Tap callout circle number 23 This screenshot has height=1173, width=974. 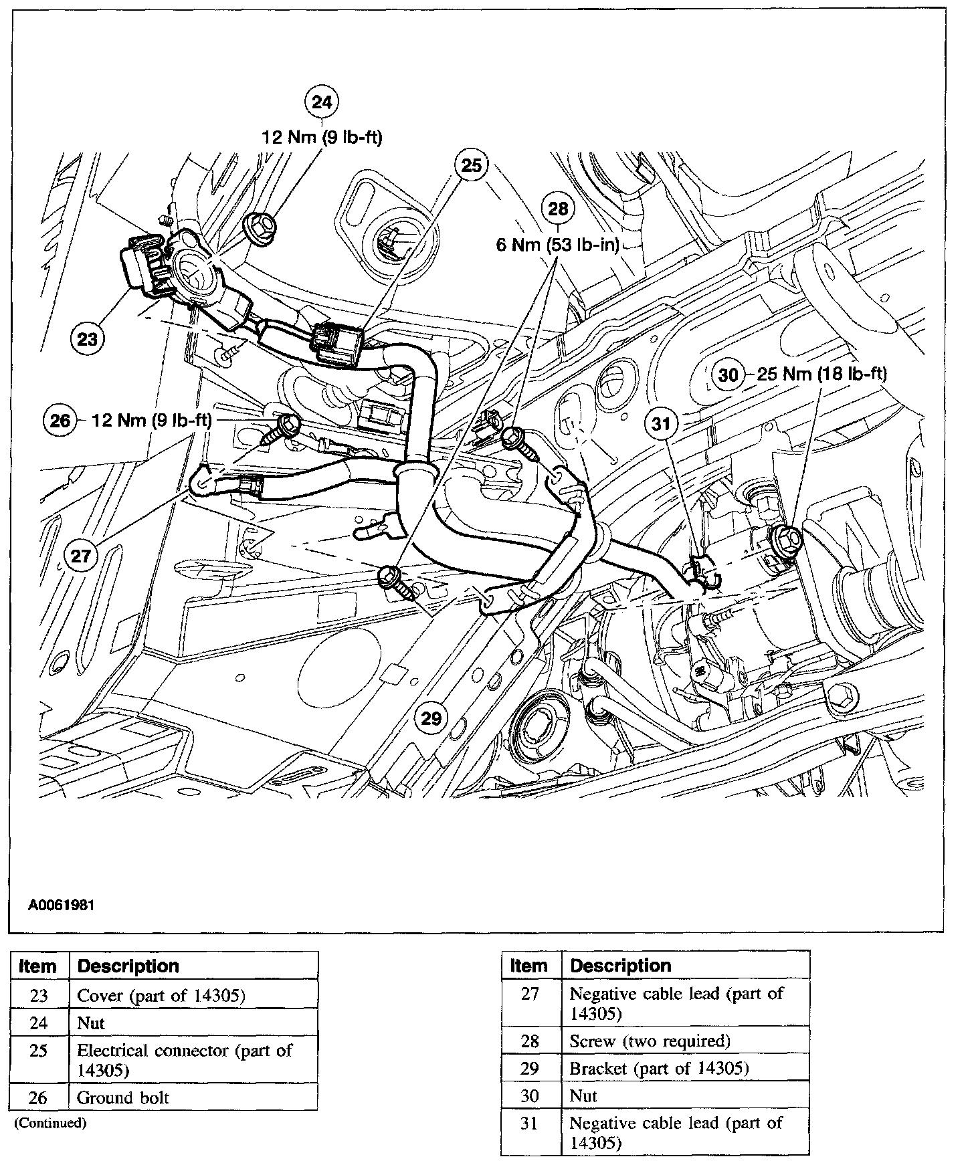click(x=88, y=340)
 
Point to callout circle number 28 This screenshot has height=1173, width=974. click(x=558, y=209)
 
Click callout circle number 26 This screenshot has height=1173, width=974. click(x=60, y=421)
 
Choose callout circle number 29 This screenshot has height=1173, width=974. click(x=432, y=718)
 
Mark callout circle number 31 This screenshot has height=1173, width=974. click(x=662, y=423)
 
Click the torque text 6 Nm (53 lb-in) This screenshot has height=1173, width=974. click(x=559, y=245)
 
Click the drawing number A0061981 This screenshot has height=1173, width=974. click(x=61, y=906)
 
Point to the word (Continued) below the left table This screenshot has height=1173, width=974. click(x=51, y=1123)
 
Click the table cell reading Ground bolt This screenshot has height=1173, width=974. click(x=124, y=1098)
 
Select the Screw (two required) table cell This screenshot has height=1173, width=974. click(x=650, y=1041)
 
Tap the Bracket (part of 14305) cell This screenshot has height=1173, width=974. click(x=659, y=1069)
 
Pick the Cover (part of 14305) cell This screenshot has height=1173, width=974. click(x=162, y=996)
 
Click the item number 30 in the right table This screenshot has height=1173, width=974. click(x=530, y=1095)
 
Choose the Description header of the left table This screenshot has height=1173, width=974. click(x=128, y=966)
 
